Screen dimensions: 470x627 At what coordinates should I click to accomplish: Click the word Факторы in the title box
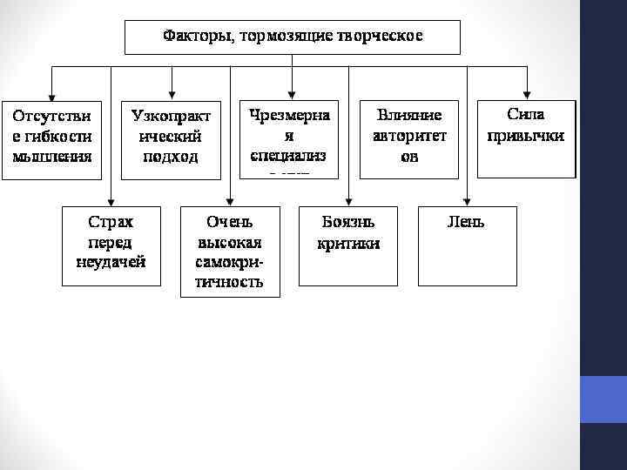click(192, 37)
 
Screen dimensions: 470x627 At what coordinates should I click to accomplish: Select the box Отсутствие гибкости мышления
click(52, 139)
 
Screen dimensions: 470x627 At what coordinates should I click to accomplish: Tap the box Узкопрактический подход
click(171, 139)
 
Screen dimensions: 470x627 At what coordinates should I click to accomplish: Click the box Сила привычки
click(527, 138)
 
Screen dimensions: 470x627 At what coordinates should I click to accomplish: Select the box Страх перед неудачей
click(111, 245)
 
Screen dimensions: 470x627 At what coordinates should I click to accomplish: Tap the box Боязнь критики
click(348, 245)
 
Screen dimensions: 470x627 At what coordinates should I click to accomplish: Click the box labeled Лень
click(467, 245)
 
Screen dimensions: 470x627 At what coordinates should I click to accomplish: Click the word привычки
click(526, 136)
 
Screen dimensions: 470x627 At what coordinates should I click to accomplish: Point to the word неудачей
click(111, 261)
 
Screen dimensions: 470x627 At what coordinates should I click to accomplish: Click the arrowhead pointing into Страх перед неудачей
click(111, 200)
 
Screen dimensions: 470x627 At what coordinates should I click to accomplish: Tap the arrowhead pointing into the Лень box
click(467, 200)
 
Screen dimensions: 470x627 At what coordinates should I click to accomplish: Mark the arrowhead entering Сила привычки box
click(528, 94)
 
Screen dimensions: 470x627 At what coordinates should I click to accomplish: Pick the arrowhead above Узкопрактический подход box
click(172, 94)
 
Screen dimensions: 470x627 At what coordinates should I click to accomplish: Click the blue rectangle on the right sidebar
click(603, 399)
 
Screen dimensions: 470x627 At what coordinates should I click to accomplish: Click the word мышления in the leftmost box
click(52, 158)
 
